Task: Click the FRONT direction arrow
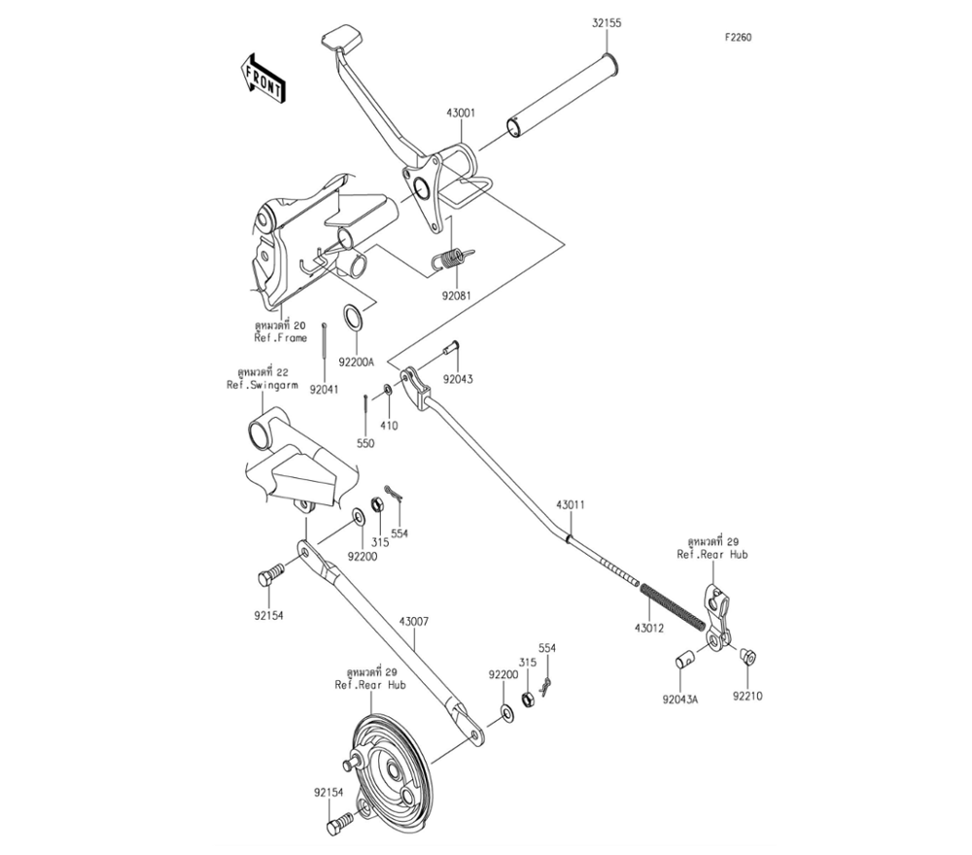click(262, 78)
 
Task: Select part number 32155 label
click(607, 23)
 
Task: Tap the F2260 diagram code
click(739, 37)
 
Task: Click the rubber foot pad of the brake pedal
click(341, 37)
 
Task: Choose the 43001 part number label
click(461, 113)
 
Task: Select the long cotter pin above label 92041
click(325, 349)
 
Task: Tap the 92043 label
click(458, 379)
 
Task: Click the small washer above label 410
click(388, 390)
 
